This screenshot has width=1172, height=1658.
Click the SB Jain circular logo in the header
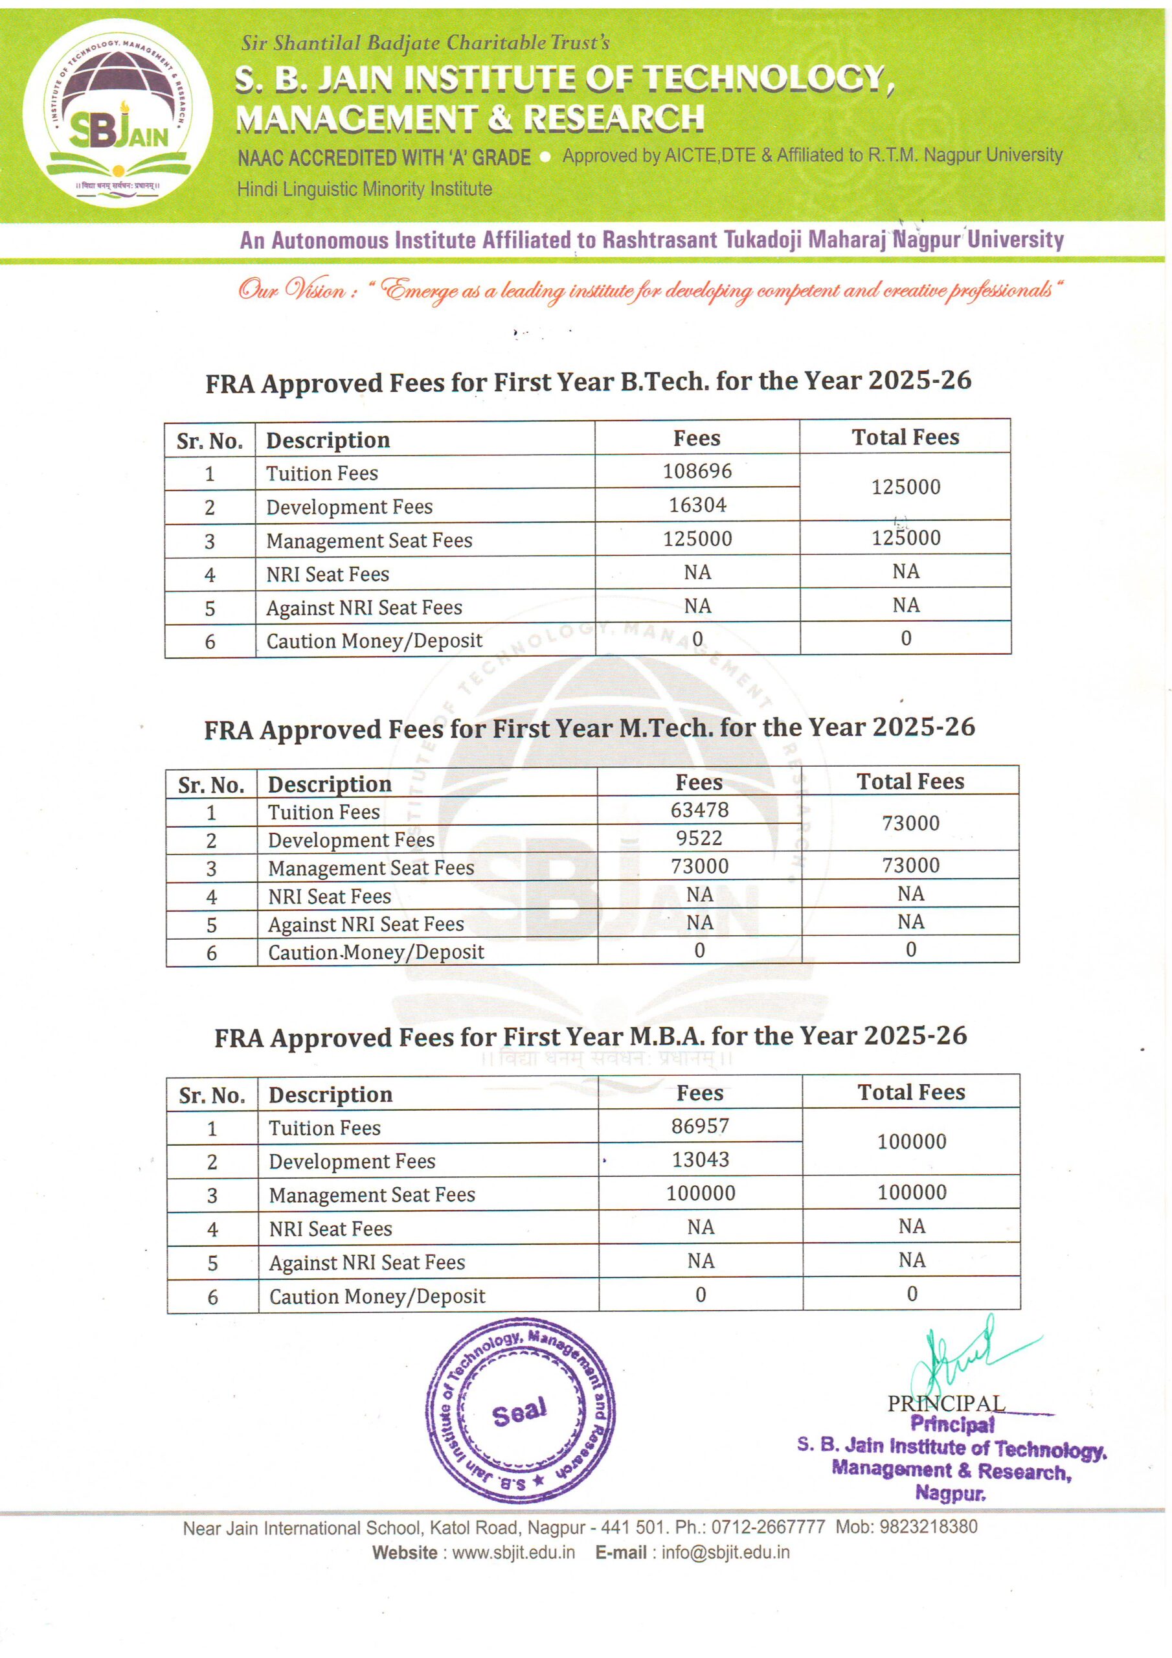coord(117,113)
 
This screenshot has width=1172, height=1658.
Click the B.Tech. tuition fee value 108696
coord(697,471)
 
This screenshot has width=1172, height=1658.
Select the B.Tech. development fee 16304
coord(697,505)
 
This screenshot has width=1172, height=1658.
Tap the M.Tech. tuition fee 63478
coord(699,810)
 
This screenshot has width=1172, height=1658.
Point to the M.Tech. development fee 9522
coord(699,838)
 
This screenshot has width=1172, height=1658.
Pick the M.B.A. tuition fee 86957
coord(700,1126)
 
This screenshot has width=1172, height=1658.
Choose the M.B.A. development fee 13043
coord(701,1160)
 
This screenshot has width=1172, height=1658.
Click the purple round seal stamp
coord(520,1412)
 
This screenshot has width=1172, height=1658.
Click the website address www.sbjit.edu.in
coord(513,1552)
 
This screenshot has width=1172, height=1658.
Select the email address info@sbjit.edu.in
coord(725,1552)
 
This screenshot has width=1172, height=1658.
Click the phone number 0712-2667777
coord(767,1527)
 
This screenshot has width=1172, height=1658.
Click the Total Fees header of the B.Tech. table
coord(905,438)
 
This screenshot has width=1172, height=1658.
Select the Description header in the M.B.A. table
coord(330,1095)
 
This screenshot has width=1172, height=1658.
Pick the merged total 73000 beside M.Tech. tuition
coord(910,823)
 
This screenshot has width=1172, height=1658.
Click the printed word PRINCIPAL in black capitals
coord(945,1404)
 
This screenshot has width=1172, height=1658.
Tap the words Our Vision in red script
coord(293,290)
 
